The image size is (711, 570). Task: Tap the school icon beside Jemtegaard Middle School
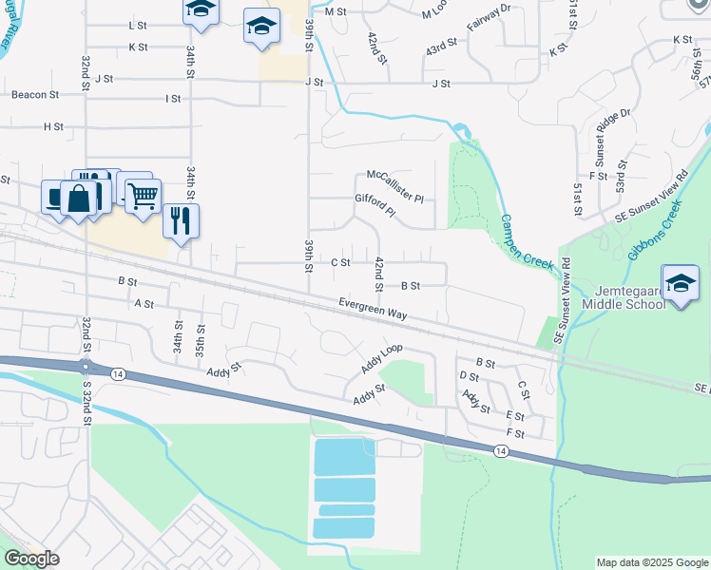click(x=681, y=283)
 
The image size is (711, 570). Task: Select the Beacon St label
click(x=35, y=95)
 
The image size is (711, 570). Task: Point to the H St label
click(x=53, y=126)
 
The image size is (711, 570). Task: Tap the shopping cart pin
click(x=143, y=196)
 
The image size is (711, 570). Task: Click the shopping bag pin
click(x=80, y=199)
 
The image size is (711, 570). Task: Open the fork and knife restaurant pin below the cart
click(x=180, y=221)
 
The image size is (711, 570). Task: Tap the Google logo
click(x=31, y=559)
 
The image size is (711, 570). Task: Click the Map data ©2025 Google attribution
click(x=650, y=562)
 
